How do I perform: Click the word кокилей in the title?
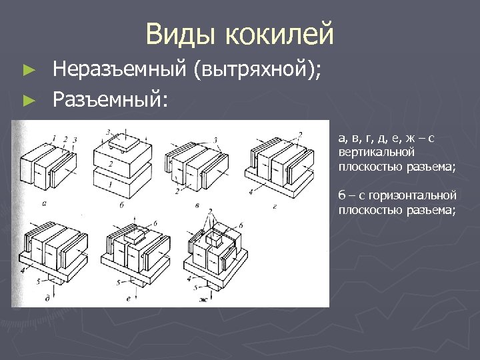point(280,33)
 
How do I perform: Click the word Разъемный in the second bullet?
point(111,99)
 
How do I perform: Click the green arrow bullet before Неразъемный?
point(28,69)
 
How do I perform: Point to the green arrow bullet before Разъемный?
point(28,100)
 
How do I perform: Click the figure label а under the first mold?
point(43,203)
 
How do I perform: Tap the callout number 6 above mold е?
point(155,222)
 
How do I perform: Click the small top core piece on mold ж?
point(215,237)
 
